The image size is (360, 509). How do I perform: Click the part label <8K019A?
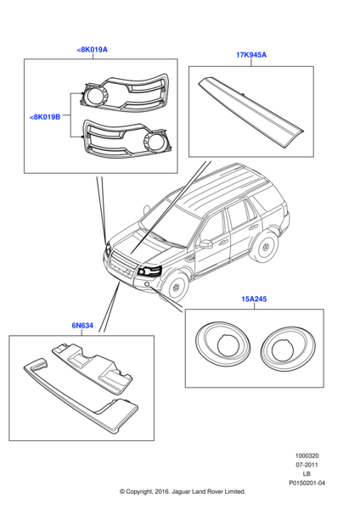(92, 50)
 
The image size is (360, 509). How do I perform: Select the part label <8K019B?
(45, 116)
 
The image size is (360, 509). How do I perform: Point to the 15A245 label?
(254, 299)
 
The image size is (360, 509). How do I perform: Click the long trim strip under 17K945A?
(250, 109)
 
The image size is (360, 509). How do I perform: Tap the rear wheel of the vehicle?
(268, 245)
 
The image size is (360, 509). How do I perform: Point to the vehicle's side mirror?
(206, 243)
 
